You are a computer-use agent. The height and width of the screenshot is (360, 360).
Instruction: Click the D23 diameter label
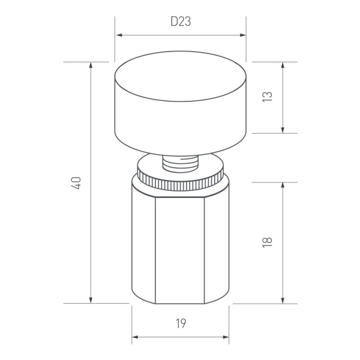click(x=181, y=22)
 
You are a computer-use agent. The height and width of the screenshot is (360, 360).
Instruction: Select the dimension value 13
click(x=268, y=97)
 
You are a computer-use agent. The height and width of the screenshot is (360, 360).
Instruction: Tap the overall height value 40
click(x=76, y=182)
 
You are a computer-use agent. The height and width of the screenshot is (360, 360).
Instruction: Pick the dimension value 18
click(x=268, y=242)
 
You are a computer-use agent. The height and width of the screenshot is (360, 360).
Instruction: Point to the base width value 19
click(x=181, y=324)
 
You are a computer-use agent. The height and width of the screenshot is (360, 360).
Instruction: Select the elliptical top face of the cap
click(x=181, y=74)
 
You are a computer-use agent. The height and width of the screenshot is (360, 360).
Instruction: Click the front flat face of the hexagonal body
click(x=181, y=246)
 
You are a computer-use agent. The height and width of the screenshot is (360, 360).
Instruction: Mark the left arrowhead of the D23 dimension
click(x=118, y=35)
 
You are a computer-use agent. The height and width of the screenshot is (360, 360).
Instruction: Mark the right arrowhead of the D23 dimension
click(x=243, y=35)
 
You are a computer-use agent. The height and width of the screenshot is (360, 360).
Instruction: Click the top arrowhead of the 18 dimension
click(x=282, y=185)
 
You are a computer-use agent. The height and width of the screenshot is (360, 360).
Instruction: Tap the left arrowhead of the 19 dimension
click(x=135, y=337)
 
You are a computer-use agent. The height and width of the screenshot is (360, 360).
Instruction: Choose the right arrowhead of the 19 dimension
click(x=226, y=337)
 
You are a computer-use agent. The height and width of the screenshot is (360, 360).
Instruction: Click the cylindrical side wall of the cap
click(x=181, y=123)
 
